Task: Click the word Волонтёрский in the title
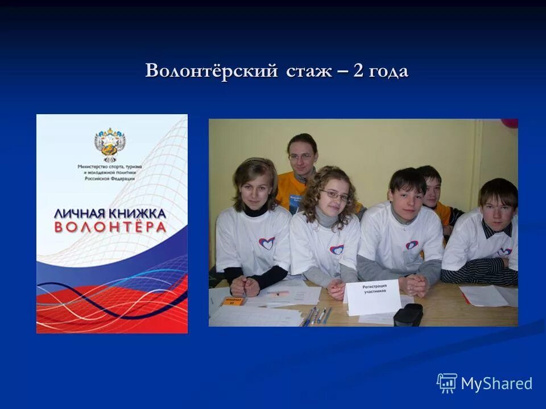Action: (212, 72)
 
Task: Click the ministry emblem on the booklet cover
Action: (110, 144)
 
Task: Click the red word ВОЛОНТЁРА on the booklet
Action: (110, 227)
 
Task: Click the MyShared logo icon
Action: (446, 383)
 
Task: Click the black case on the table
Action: (408, 314)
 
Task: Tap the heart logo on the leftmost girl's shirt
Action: (266, 243)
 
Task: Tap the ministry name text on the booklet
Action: (107, 172)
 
